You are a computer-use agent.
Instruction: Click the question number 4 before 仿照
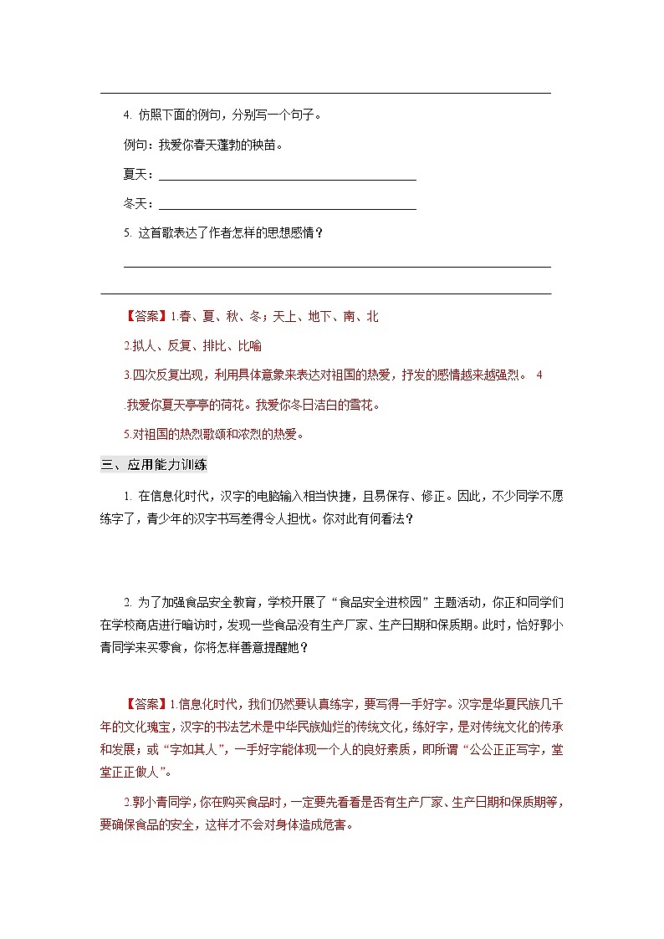tap(126, 115)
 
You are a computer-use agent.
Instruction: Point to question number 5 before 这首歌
tap(126, 233)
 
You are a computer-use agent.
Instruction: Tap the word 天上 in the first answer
tap(288, 317)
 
